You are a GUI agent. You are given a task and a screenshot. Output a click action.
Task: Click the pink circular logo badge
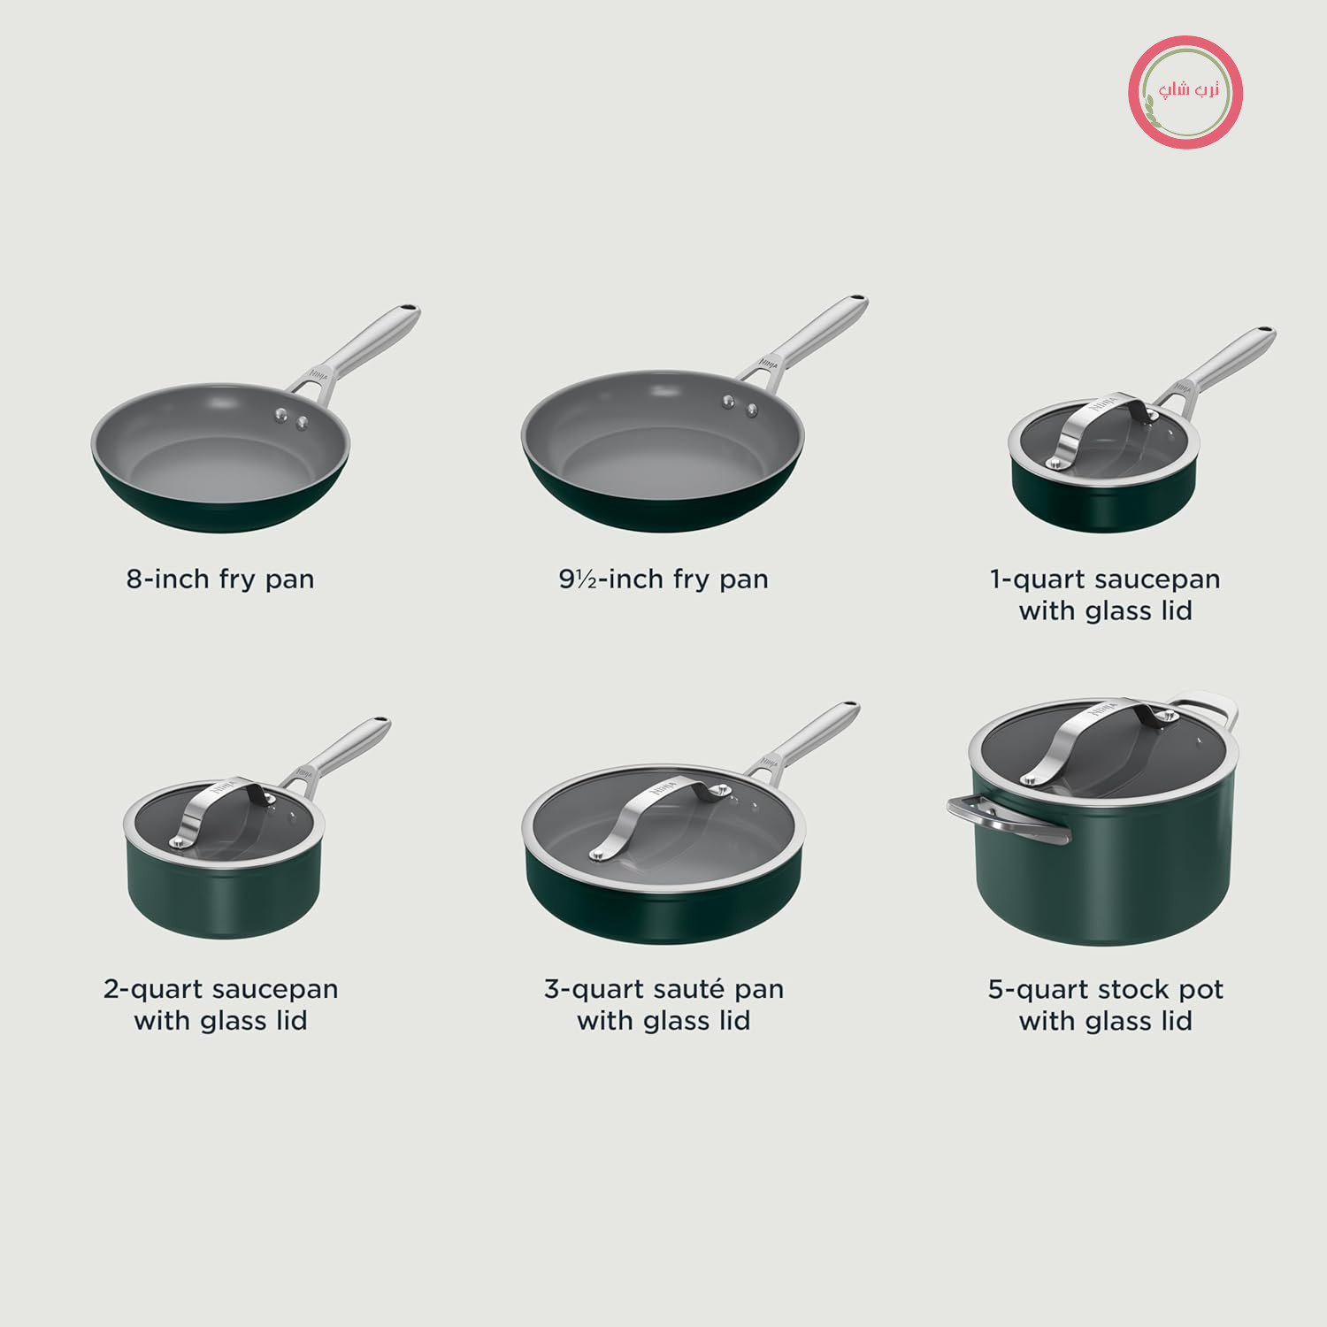[1185, 92]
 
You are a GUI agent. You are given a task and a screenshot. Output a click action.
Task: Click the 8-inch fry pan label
[220, 579]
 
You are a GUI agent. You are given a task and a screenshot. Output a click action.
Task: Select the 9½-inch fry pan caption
[663, 579]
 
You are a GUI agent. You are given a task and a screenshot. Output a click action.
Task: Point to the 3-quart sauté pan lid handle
[660, 814]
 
